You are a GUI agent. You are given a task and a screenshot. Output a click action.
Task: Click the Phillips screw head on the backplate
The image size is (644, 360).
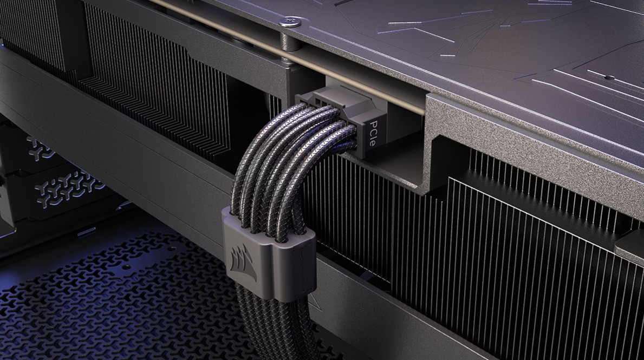coord(291,21)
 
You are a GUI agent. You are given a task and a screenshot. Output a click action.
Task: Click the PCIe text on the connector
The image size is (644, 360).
coord(373,133)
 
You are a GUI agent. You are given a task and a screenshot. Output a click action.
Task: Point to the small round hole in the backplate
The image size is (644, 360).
coord(607,76)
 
